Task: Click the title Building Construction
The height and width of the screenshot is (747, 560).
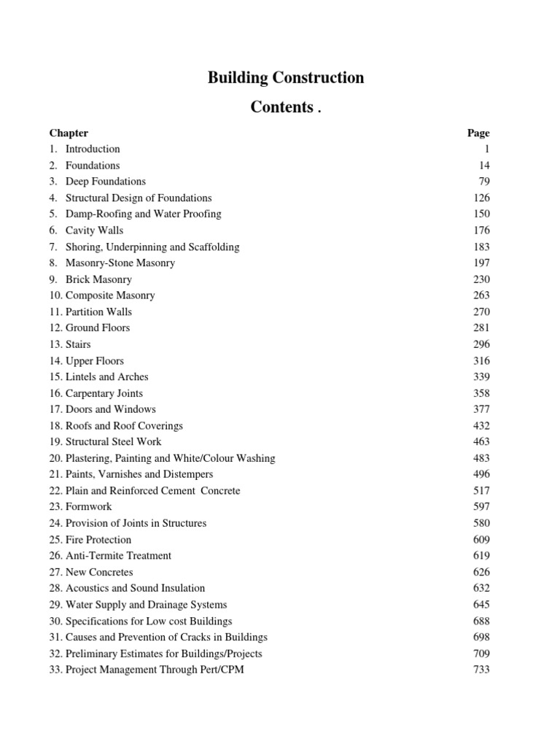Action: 286,78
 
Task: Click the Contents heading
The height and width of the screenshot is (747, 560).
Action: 282,107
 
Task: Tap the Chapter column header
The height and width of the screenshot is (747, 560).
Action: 69,133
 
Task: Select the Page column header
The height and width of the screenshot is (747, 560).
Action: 478,133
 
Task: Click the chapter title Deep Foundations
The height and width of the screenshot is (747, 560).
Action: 105,182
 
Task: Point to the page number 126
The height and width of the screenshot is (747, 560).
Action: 481,198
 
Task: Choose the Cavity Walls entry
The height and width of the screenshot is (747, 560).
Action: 94,231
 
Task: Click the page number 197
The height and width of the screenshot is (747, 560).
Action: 481,263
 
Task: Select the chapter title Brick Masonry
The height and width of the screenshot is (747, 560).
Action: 98,279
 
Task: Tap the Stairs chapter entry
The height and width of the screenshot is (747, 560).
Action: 78,344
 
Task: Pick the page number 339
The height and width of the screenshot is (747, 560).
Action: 481,377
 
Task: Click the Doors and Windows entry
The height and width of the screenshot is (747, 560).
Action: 110,409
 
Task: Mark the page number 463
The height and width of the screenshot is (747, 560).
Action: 481,442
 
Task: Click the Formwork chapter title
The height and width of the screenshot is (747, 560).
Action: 88,507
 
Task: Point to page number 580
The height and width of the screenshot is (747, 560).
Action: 481,523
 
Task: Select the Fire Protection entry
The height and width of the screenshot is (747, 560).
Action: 98,540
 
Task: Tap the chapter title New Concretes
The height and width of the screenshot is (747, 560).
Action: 99,573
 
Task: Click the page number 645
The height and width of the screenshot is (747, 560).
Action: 481,605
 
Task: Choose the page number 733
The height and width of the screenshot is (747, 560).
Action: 481,670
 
